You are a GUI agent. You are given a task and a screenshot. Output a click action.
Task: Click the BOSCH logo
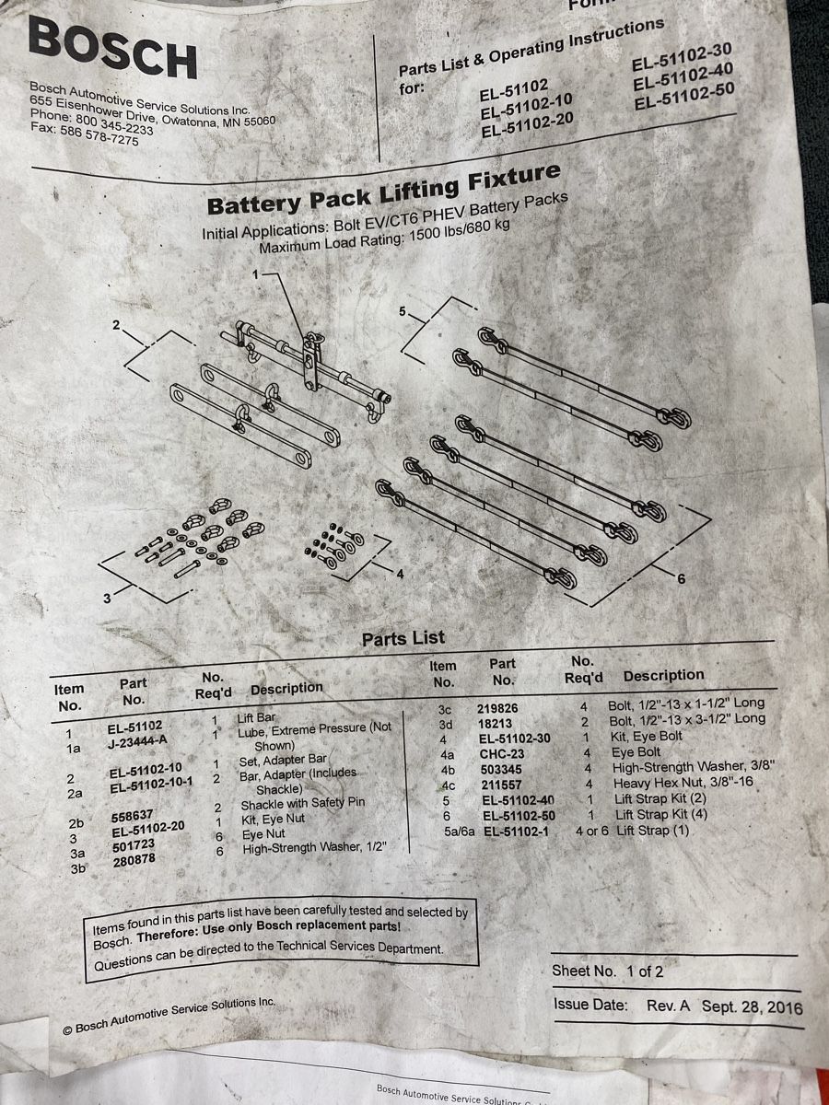(112, 48)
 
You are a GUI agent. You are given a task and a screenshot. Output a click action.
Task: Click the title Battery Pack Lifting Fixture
(383, 191)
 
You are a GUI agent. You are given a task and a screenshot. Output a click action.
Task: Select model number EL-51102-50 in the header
(684, 97)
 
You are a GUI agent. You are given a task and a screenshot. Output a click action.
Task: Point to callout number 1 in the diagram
(256, 273)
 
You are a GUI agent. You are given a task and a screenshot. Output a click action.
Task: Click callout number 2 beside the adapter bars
(116, 325)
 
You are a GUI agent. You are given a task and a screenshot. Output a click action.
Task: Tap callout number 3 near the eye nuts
(107, 599)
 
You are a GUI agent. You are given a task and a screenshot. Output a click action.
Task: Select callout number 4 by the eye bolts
(400, 574)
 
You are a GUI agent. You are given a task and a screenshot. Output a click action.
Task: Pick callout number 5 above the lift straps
(403, 311)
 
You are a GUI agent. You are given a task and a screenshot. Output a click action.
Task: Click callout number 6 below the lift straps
(681, 579)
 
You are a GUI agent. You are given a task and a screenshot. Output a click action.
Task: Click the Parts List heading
(403, 638)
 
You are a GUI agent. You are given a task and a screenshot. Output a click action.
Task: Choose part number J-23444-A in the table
(137, 741)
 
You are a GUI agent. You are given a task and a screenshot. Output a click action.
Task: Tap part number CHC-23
(502, 753)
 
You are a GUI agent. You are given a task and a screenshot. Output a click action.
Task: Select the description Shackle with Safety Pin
(303, 804)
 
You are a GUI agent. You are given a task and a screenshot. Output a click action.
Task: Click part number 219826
(497, 708)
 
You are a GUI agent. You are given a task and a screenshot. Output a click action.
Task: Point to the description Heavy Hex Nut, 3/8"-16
(683, 783)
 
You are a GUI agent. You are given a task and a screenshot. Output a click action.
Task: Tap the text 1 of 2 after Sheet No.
(645, 971)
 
